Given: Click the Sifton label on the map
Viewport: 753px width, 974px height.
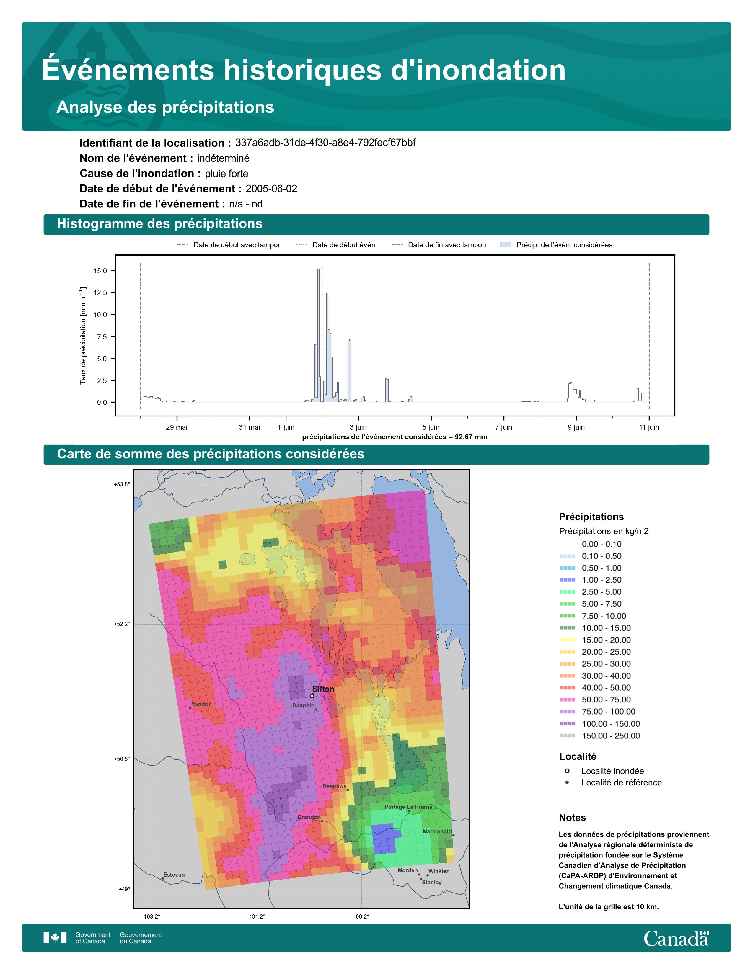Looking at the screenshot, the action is click(323, 689).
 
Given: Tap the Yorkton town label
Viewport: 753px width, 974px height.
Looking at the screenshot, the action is click(202, 704).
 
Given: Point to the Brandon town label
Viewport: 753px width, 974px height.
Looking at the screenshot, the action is click(309, 817).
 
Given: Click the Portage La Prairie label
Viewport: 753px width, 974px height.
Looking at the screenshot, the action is click(408, 807).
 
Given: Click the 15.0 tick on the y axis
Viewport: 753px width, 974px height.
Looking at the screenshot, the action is click(100, 271).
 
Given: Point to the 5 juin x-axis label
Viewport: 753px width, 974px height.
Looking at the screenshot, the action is click(431, 427).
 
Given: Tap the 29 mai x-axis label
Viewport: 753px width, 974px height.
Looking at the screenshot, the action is click(177, 427).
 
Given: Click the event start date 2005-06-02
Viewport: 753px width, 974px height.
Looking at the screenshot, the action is click(271, 189).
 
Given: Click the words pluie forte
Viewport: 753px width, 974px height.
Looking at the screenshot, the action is click(226, 174).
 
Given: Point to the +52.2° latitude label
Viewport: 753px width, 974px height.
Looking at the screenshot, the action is click(122, 624).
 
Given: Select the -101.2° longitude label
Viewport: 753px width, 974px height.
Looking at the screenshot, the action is click(257, 916).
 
